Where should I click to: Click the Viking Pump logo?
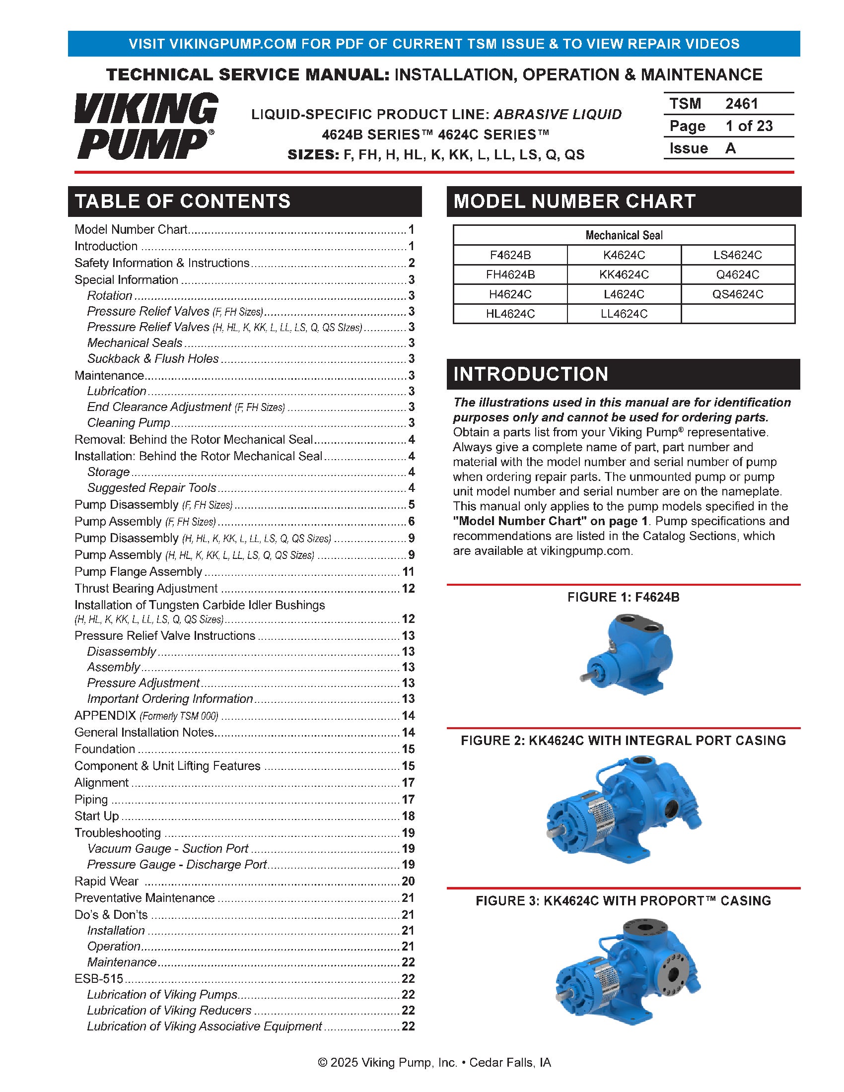coord(146,126)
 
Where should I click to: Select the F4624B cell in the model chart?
coord(510,255)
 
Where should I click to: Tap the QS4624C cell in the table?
coord(737,294)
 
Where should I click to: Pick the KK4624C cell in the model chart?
coord(624,274)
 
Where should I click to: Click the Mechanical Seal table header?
coord(624,235)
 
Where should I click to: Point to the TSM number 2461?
coord(742,104)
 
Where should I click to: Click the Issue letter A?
coord(730,148)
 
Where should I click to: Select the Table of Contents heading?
coord(183,201)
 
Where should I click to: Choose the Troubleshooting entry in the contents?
coord(118,833)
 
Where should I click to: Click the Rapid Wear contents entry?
coord(107,881)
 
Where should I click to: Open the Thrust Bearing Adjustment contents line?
coord(146,589)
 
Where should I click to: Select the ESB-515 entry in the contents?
coord(98,978)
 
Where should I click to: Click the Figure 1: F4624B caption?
coord(623,597)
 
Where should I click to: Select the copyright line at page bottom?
coord(434,1062)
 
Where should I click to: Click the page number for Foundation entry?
coord(408,749)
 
